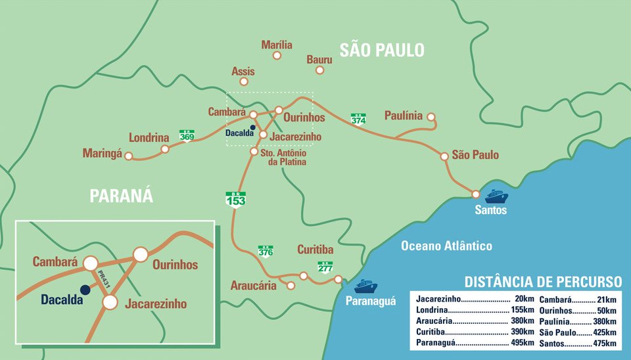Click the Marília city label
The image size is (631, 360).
(x=276, y=45)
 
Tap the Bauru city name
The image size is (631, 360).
(x=319, y=59)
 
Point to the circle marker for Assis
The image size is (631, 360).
(x=244, y=82)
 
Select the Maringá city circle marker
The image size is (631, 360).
(x=129, y=156)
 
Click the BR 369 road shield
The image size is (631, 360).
(x=187, y=135)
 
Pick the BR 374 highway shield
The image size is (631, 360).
(x=358, y=118)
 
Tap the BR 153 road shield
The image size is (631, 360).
(x=235, y=198)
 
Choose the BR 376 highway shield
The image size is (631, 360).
(x=266, y=250)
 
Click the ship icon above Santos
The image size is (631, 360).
(x=496, y=195)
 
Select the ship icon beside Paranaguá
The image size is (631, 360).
(x=365, y=286)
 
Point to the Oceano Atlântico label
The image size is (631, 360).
(x=447, y=246)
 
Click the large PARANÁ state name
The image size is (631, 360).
(x=121, y=195)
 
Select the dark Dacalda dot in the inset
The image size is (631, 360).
(x=85, y=290)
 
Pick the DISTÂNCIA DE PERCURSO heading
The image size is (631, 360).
(x=543, y=282)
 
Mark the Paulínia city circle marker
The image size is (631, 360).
(x=431, y=118)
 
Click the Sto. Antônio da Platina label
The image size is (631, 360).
(x=283, y=158)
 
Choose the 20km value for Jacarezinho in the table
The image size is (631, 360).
(x=525, y=298)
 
